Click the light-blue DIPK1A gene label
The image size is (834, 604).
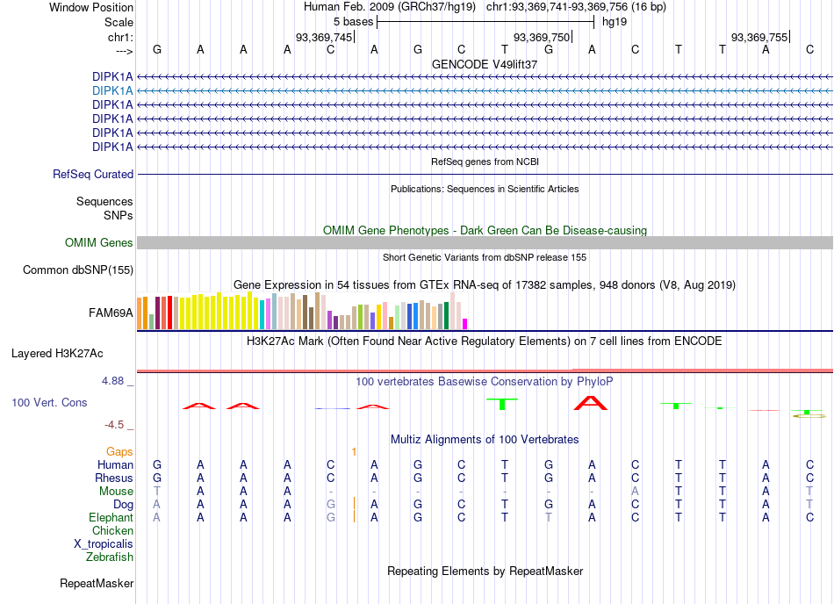click(112, 91)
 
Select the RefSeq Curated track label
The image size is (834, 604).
click(93, 175)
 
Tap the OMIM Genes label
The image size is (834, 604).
click(99, 243)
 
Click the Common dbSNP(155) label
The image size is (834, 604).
click(78, 270)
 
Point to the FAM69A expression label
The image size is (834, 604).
click(111, 313)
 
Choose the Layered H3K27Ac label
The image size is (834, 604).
click(57, 354)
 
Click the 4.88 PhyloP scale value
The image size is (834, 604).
click(112, 381)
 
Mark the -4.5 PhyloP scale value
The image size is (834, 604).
click(114, 425)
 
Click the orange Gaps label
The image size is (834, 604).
click(119, 452)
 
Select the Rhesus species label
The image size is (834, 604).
click(114, 478)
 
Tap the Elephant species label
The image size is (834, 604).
click(111, 518)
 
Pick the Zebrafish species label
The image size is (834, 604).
click(110, 557)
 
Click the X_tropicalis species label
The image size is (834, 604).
click(104, 544)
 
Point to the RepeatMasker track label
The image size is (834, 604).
click(97, 584)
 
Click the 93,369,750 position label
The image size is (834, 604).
click(542, 38)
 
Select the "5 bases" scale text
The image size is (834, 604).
click(353, 22)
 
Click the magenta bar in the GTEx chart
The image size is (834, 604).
click(465, 324)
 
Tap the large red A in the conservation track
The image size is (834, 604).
click(591, 403)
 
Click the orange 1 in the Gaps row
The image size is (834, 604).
click(354, 452)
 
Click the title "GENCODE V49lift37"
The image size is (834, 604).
click(485, 64)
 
